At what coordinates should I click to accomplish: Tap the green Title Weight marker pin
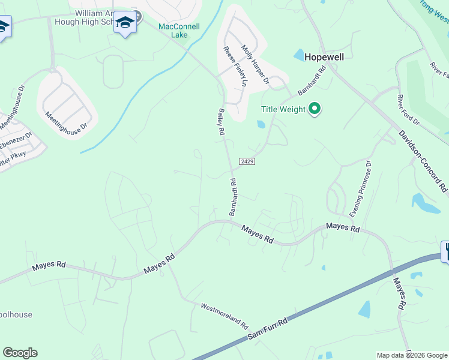315,109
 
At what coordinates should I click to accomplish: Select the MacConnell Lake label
179,31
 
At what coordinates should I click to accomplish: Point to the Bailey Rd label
220,122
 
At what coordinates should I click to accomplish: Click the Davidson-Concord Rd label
423,162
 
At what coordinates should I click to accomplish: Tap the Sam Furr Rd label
268,330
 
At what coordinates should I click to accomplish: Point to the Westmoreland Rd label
224,315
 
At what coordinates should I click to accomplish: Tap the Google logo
20,353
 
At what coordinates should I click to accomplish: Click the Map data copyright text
412,355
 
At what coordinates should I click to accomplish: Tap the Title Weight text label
283,109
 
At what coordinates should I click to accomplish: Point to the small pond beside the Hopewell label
299,55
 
